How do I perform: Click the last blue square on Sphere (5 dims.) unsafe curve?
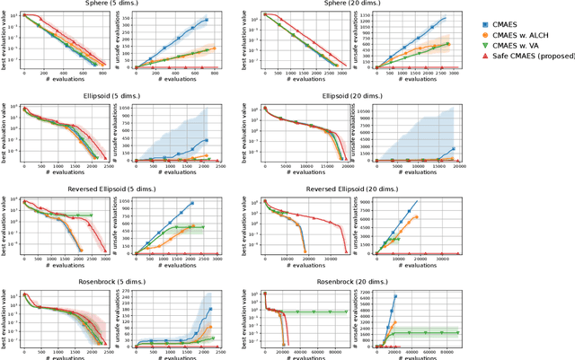[206, 20]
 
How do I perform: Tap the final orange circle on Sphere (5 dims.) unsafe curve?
[213, 48]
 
